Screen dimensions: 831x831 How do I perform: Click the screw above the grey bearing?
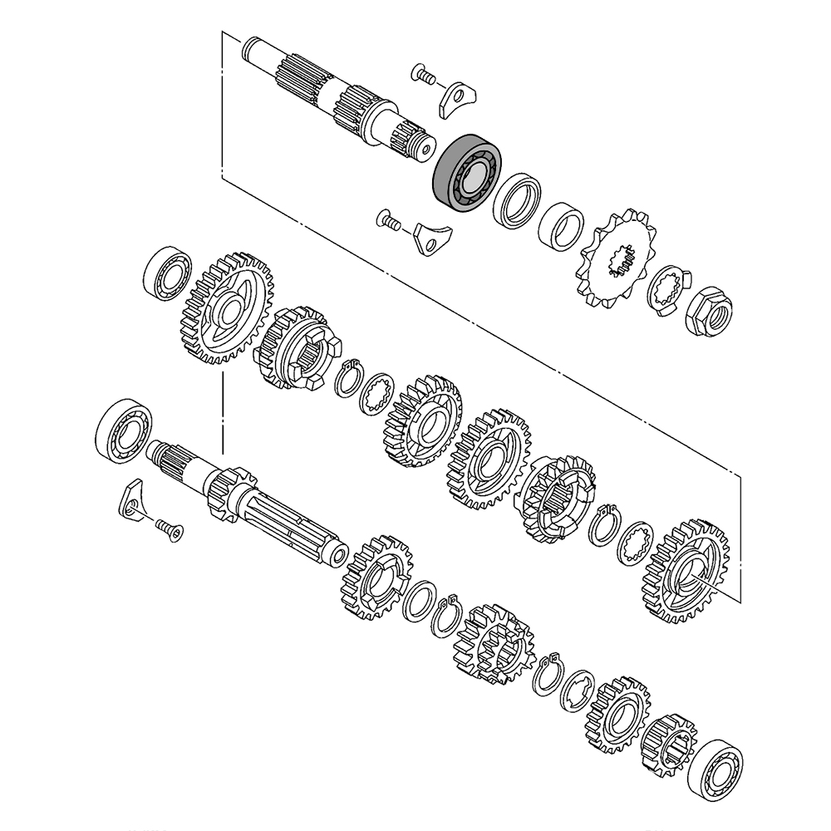[423, 76]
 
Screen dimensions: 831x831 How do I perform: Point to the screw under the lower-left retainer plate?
[168, 527]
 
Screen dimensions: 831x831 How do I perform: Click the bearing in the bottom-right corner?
[715, 765]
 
